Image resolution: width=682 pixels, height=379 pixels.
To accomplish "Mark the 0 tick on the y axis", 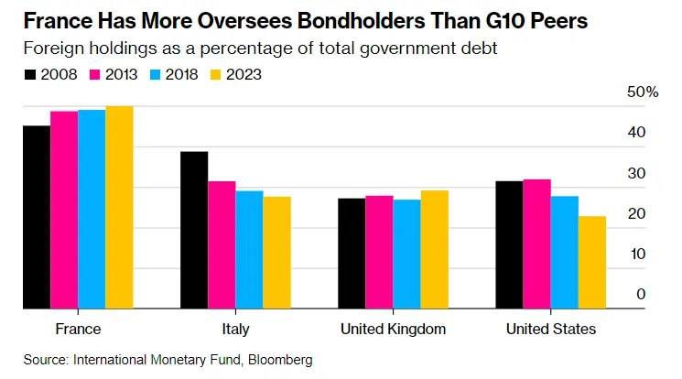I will click(x=641, y=294).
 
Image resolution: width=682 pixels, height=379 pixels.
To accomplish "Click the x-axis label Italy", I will click(x=235, y=329).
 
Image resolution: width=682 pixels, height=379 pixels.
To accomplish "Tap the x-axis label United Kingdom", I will click(x=393, y=329).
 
